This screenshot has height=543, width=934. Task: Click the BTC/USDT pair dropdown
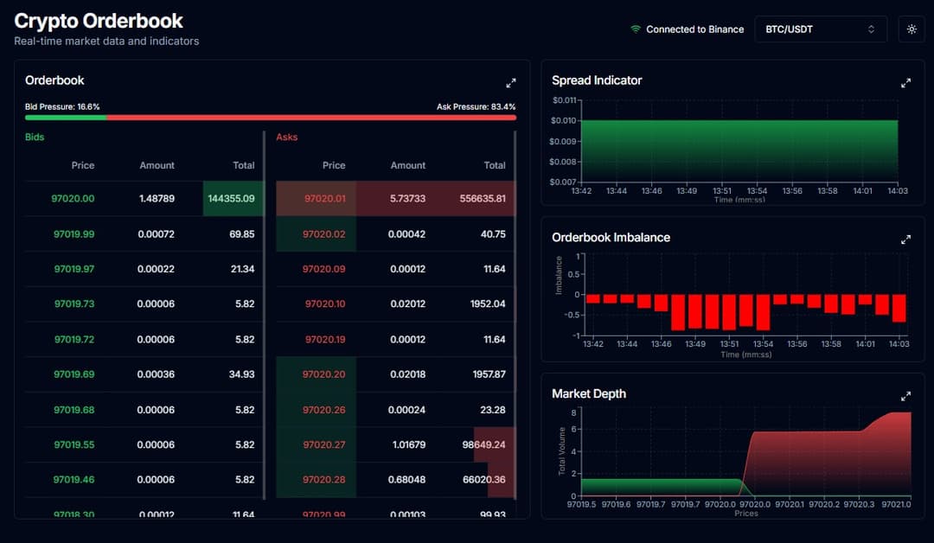point(820,29)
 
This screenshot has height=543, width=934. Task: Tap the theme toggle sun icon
point(912,29)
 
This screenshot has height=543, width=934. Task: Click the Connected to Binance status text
point(694,29)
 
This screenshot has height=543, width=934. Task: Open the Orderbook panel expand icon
point(511,83)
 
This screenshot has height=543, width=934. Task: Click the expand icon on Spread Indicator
point(905,83)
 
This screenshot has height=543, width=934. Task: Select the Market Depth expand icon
point(905,396)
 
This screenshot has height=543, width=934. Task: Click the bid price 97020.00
point(74,199)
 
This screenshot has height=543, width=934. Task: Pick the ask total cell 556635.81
point(483,199)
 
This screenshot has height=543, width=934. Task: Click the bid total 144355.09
point(231,199)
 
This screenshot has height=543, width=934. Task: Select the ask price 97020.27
point(323,444)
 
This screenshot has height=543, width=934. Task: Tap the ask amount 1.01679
point(407,444)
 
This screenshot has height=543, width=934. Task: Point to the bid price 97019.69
point(74,374)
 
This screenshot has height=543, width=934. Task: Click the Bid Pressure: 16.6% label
point(62,106)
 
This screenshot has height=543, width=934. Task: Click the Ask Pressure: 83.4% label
point(476,106)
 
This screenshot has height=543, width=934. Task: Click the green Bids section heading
point(35,137)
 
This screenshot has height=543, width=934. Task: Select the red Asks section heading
point(286,137)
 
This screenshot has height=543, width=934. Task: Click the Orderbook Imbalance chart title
point(611,237)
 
